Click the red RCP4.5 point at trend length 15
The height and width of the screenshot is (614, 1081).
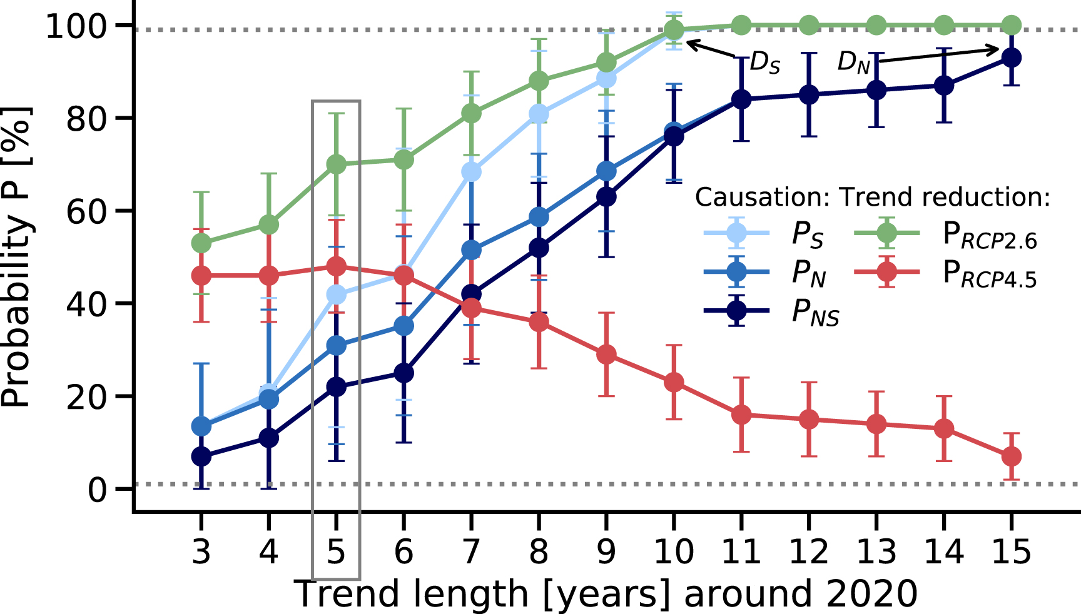coord(1011,456)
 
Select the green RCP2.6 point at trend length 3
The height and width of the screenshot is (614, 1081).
coord(201,243)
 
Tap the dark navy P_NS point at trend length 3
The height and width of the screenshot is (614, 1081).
coord(201,456)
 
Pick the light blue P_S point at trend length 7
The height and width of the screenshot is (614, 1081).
coord(471,171)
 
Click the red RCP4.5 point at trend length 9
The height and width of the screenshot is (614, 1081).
coord(606,355)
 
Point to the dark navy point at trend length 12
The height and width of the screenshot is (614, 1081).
coord(809,95)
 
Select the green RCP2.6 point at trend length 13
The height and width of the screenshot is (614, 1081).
coord(876,26)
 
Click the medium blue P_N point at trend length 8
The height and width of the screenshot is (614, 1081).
coord(539,217)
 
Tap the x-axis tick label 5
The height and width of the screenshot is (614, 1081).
coord(336,551)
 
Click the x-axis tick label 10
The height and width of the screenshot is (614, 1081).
coord(674,551)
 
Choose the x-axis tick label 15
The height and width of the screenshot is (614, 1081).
coord(1011,551)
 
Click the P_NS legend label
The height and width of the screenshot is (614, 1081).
coord(815,312)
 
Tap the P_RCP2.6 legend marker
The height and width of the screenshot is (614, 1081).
coord(887,233)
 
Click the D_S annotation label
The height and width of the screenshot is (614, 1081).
coord(764,63)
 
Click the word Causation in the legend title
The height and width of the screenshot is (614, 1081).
coord(762,197)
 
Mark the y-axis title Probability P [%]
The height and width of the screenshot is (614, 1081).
coord(16,256)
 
